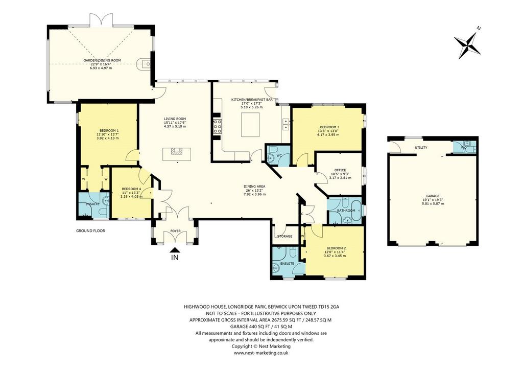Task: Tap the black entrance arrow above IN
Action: pyautogui.click(x=175, y=250)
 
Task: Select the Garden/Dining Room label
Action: pyautogui.click(x=102, y=60)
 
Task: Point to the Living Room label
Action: pyautogui.click(x=175, y=119)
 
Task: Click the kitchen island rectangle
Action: pyautogui.click(x=250, y=125)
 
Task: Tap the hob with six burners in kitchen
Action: pyautogui.click(x=218, y=126)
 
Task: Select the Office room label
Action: pyautogui.click(x=340, y=170)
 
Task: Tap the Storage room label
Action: pyautogui.click(x=285, y=236)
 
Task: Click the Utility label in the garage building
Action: pyautogui.click(x=421, y=148)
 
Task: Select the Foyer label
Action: pyautogui.click(x=176, y=231)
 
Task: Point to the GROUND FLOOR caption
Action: pyautogui.click(x=90, y=230)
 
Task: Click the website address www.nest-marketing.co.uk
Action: pyautogui.click(x=261, y=353)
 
